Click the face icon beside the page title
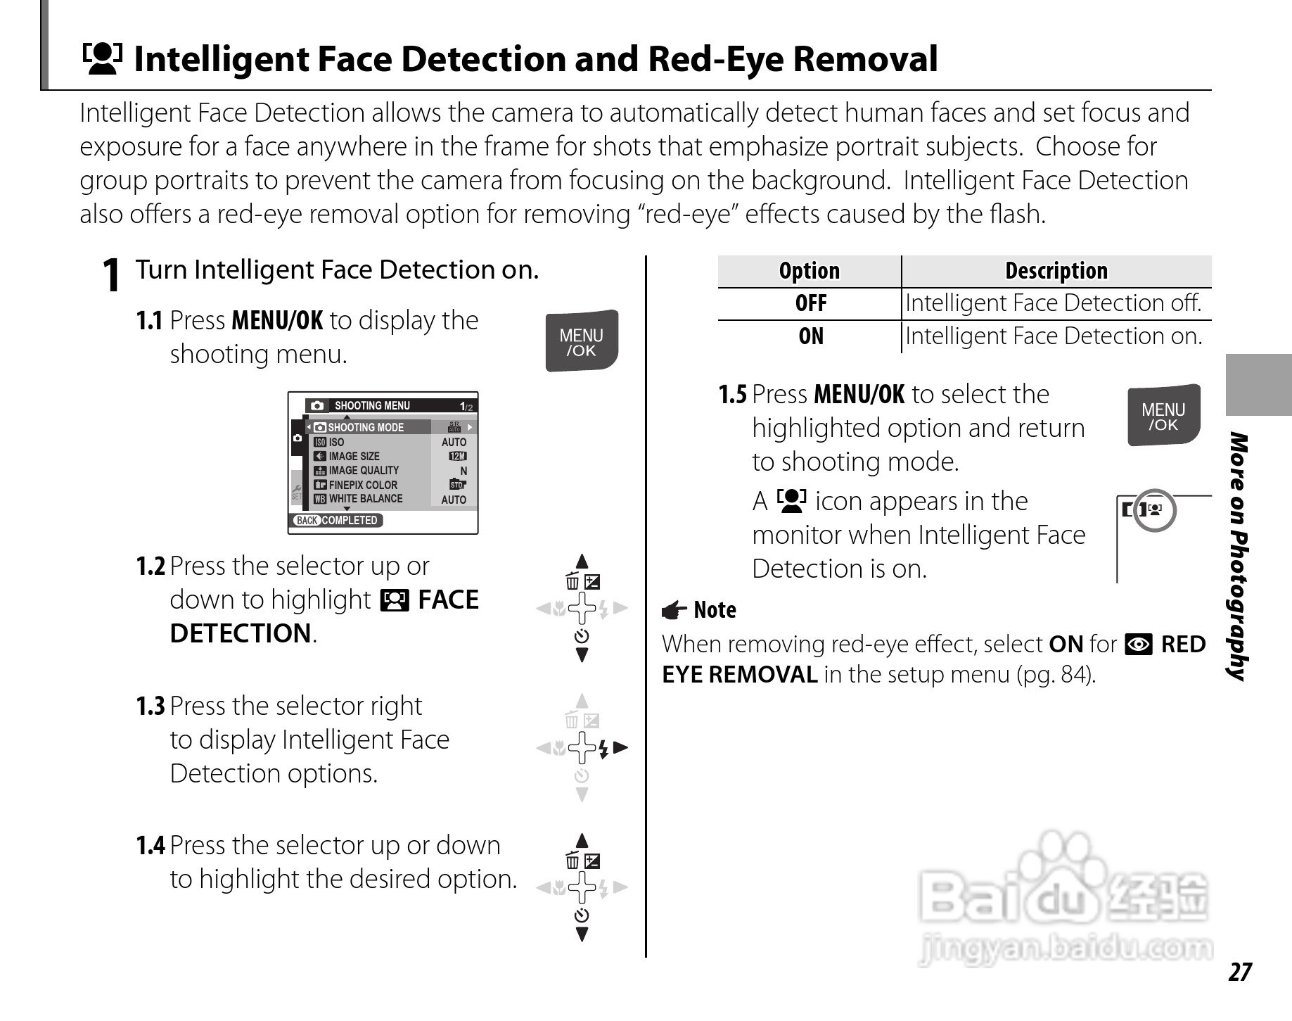pos(102,58)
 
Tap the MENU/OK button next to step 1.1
pos(582,341)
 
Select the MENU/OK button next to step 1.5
pos(1163,415)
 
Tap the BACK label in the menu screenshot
pos(307,521)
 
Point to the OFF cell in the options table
pos(810,303)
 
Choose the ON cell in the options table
pos(810,336)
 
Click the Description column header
pos(1056,271)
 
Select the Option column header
pos(809,271)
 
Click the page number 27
pos(1240,972)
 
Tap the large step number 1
pos(110,275)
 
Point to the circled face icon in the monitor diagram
pos(1155,509)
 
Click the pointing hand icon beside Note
pos(674,610)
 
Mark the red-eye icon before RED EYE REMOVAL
pos(1139,645)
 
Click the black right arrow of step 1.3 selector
pos(620,747)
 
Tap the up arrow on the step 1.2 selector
pos(582,561)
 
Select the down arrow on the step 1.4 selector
pos(582,934)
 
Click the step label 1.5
pos(732,395)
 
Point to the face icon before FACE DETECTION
pos(394,600)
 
